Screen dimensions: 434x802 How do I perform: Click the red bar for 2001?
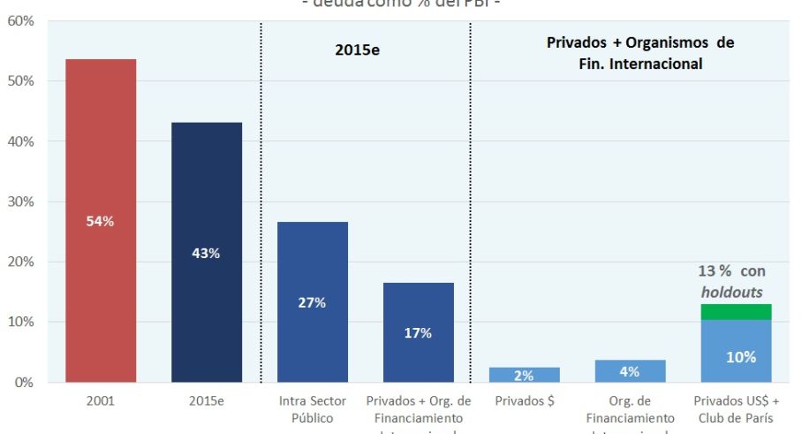click(x=100, y=221)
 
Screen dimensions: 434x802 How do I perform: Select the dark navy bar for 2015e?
click(x=206, y=252)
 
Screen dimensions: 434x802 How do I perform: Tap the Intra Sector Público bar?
click(x=312, y=301)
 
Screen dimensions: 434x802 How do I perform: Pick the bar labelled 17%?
click(x=418, y=332)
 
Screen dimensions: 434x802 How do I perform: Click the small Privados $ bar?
click(x=524, y=375)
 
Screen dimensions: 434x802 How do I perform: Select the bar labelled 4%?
click(x=630, y=371)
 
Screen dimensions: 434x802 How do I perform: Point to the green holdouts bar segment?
click(x=736, y=312)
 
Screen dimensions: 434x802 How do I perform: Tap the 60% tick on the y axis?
click(x=20, y=20)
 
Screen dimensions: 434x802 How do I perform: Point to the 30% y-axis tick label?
click(x=20, y=202)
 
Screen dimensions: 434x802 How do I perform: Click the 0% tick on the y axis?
click(x=24, y=383)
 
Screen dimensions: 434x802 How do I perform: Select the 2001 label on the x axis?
click(x=100, y=400)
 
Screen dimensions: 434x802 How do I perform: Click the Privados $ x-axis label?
click(x=524, y=400)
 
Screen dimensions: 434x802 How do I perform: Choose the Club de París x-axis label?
click(x=736, y=418)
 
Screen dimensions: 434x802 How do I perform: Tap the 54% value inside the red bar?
click(x=100, y=221)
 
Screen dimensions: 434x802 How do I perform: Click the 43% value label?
click(x=206, y=253)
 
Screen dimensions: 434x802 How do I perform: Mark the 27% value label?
click(x=312, y=302)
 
